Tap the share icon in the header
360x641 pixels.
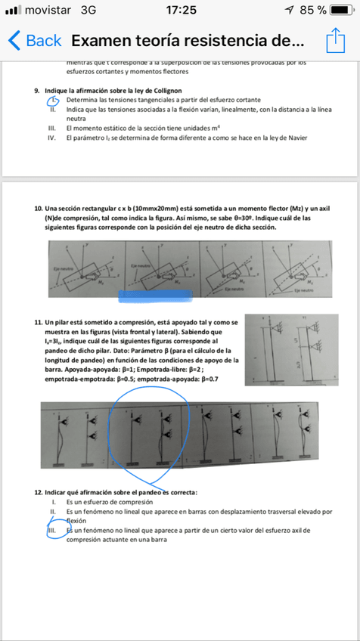(335, 40)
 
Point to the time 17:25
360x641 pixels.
(179, 11)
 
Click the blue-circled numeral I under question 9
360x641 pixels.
(54, 101)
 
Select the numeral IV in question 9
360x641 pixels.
(54, 138)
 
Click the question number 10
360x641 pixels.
(39, 208)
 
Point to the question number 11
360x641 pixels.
(39, 323)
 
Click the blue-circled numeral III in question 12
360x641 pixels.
(53, 531)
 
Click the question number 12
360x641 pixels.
(39, 492)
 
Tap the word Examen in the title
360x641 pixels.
(103, 41)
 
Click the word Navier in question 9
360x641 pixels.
(296, 138)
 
